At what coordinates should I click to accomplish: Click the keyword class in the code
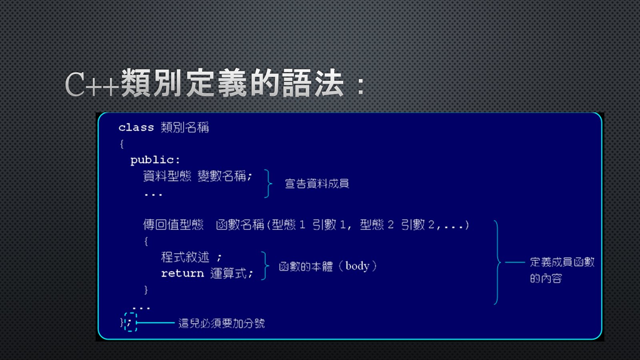point(136,128)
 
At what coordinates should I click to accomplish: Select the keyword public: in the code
point(155,160)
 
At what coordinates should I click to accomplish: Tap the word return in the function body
point(182,274)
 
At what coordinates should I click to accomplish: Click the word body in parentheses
point(357,266)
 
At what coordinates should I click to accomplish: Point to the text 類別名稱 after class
point(185,128)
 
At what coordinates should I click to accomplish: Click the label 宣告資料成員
point(317,184)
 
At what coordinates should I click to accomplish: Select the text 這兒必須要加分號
point(222,323)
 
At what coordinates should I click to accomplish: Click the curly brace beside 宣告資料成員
point(268,184)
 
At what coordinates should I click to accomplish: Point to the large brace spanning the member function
point(498,262)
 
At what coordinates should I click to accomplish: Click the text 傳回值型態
point(173,224)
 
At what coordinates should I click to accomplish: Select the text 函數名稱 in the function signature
point(240,224)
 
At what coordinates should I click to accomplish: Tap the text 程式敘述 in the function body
point(185,257)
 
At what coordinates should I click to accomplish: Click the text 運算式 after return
point(228,274)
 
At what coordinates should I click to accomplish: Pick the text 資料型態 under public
point(167,176)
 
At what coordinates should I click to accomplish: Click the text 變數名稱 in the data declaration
point(222,176)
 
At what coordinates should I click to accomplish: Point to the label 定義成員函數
point(562,262)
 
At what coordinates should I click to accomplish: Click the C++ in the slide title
point(92,84)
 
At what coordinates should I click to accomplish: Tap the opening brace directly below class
point(122,144)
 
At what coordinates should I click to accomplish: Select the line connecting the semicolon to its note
point(156,323)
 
